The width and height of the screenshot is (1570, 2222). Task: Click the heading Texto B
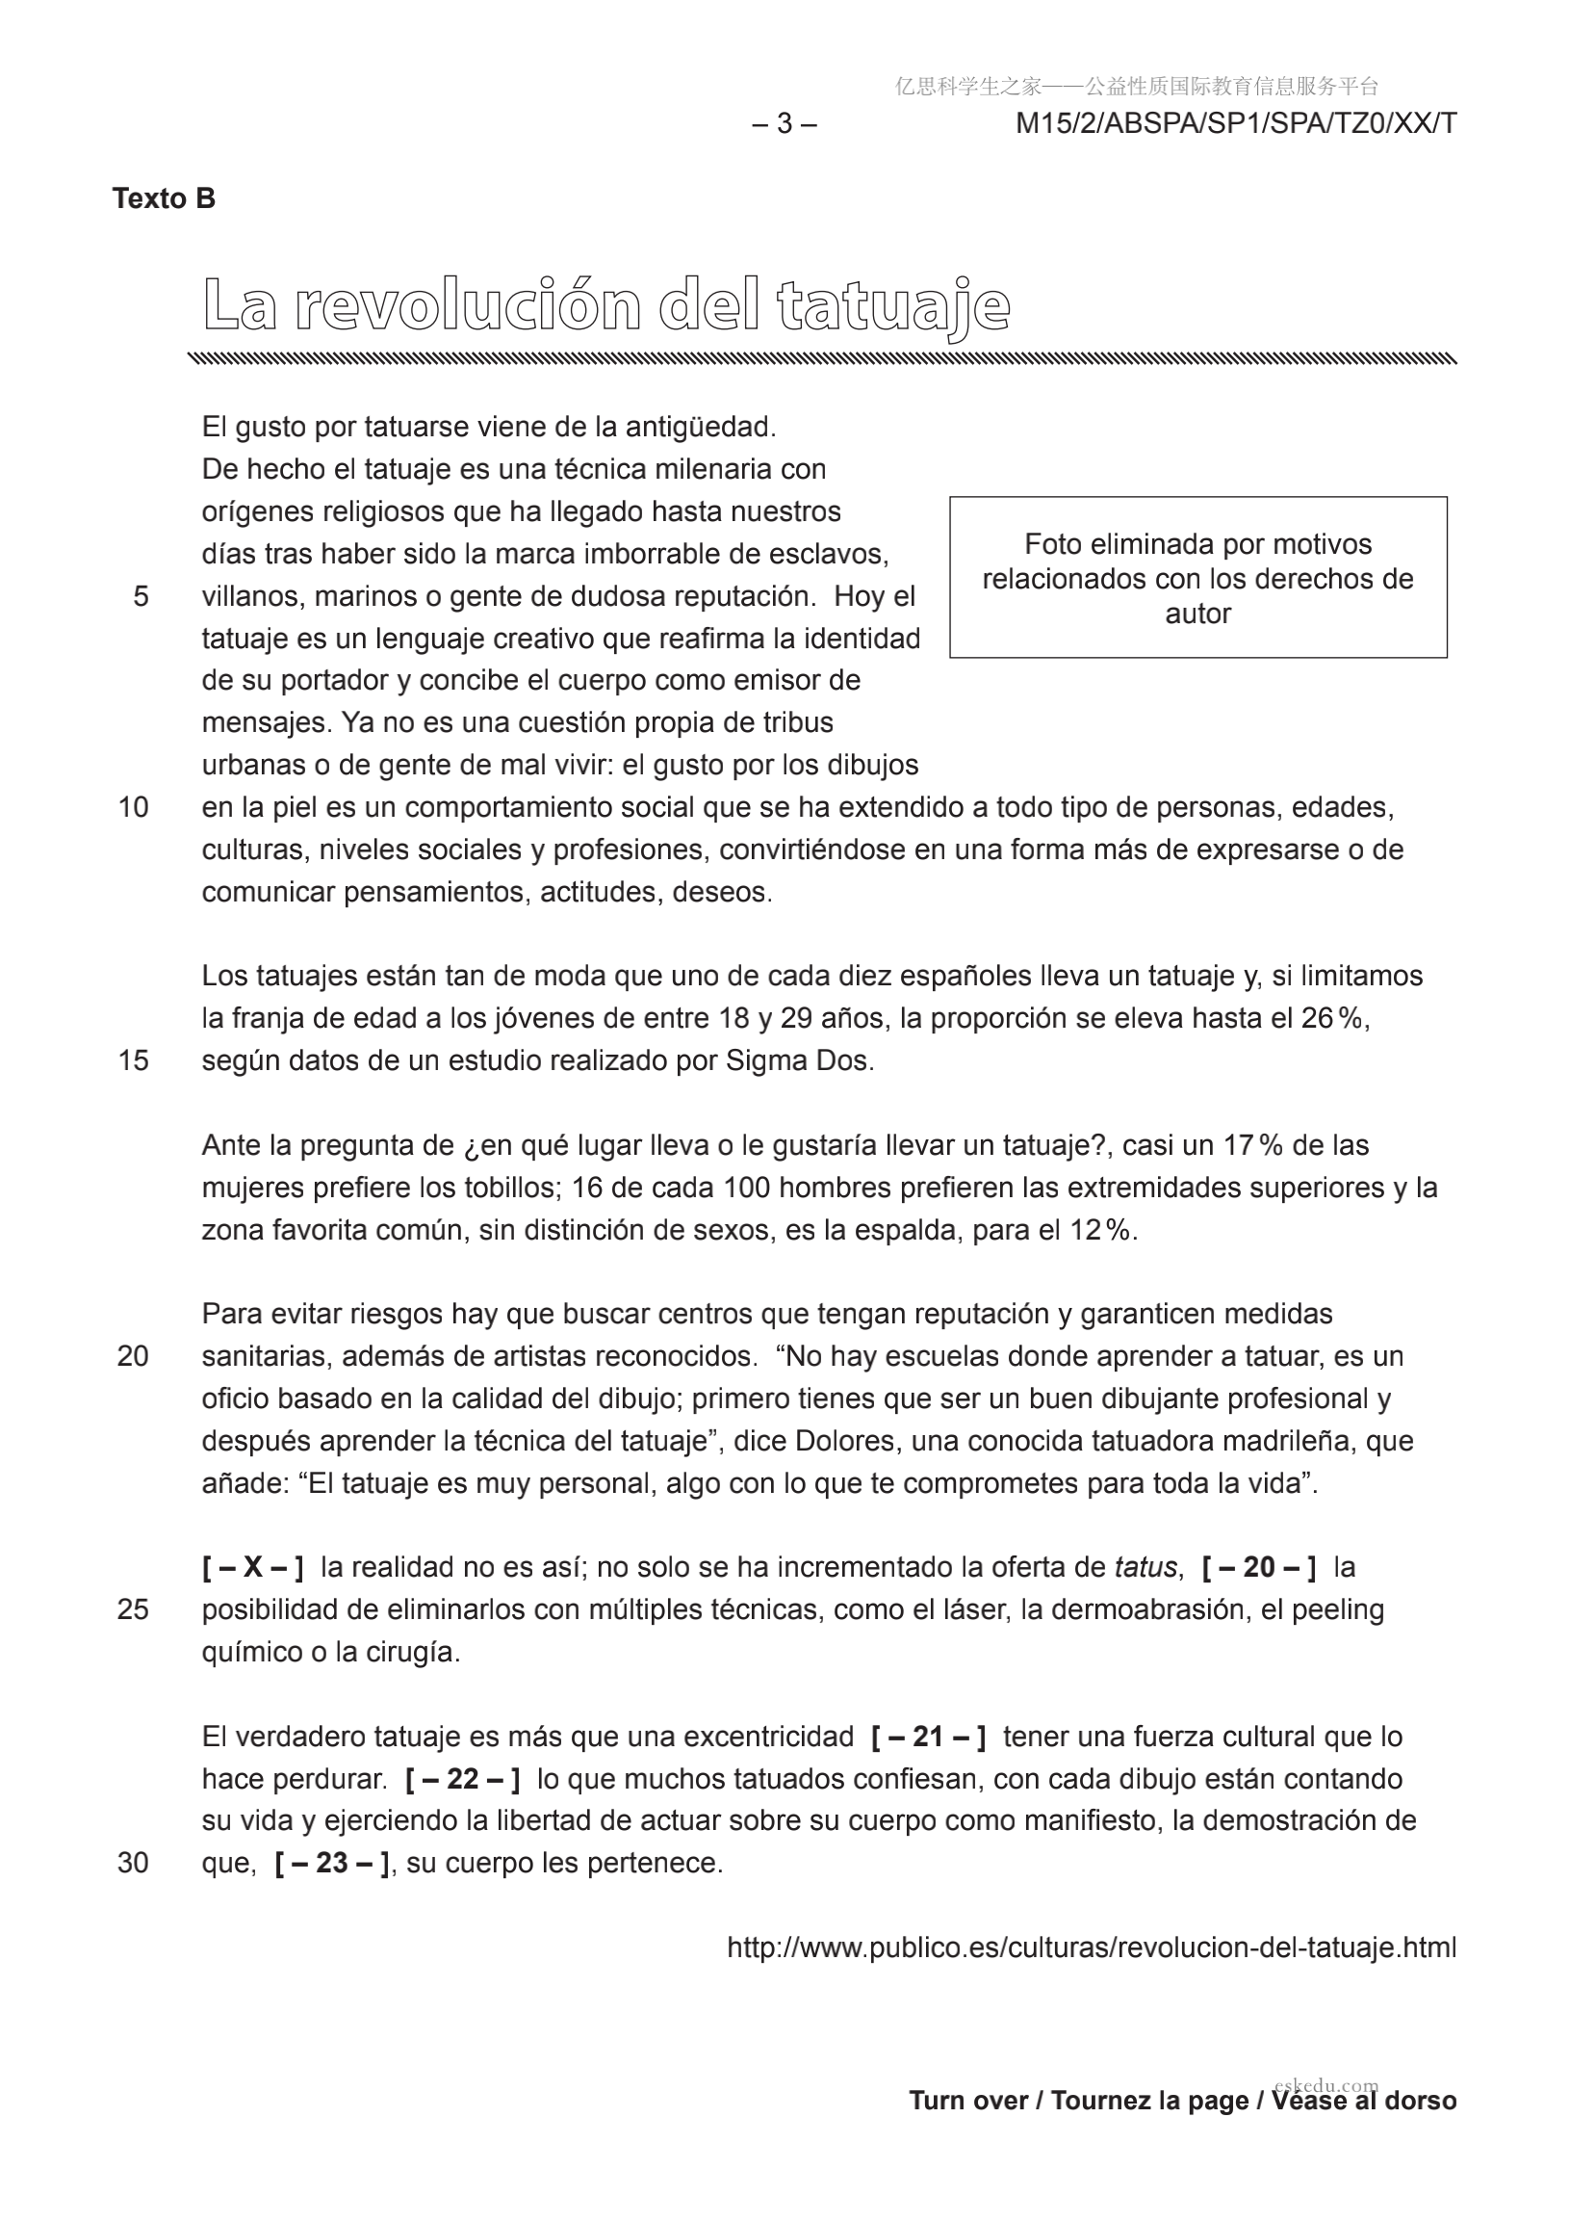click(x=164, y=198)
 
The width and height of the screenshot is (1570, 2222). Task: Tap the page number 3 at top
click(x=785, y=124)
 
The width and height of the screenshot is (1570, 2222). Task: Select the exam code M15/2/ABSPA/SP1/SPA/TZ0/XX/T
click(x=1235, y=124)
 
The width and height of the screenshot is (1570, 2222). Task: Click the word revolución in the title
click(x=467, y=306)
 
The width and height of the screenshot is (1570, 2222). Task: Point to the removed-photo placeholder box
click(x=1197, y=578)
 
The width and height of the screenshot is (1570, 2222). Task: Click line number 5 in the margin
click(x=142, y=596)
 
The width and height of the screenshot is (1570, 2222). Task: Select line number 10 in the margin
click(x=134, y=807)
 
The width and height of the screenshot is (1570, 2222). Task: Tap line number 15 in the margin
click(x=134, y=1060)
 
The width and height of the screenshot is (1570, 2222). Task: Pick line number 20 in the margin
click(x=134, y=1356)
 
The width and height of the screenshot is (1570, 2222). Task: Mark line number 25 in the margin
click(x=134, y=1609)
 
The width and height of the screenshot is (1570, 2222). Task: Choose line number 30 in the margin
click(x=134, y=1863)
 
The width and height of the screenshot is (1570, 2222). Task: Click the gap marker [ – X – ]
click(x=253, y=1568)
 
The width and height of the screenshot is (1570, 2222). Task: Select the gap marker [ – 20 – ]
click(x=1258, y=1568)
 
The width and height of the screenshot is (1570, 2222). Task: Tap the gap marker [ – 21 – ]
click(x=929, y=1738)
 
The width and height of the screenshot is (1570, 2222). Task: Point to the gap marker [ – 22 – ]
click(x=462, y=1779)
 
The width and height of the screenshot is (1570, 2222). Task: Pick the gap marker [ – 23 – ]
click(x=332, y=1863)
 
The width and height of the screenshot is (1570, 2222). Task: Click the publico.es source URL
click(x=1092, y=1948)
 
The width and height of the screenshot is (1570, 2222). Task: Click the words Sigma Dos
click(x=799, y=1061)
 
